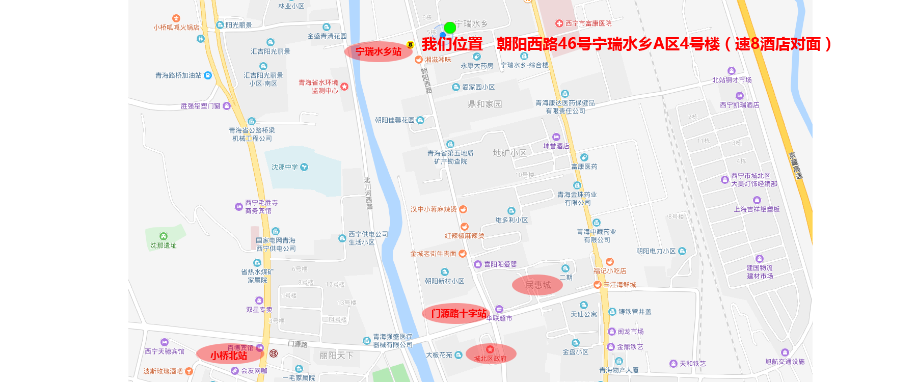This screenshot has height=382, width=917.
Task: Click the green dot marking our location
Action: click(x=450, y=28)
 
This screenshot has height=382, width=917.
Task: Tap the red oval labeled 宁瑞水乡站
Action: click(x=378, y=51)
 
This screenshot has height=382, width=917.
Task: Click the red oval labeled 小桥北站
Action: click(x=228, y=356)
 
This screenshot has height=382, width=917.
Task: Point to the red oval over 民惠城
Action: click(x=537, y=285)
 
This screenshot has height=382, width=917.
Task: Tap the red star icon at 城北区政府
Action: click(x=490, y=349)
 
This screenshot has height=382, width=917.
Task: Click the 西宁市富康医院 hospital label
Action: click(x=588, y=23)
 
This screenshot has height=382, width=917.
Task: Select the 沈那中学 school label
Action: click(x=285, y=167)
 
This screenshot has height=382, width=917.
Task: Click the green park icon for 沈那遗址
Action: click(x=164, y=236)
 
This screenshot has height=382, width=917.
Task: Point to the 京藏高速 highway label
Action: click(x=795, y=166)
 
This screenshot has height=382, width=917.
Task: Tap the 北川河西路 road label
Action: click(x=368, y=194)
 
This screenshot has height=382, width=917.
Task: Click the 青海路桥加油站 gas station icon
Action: click(x=208, y=75)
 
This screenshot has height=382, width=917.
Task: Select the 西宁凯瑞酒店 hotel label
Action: click(x=739, y=105)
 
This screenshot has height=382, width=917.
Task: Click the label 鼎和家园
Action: click(x=485, y=104)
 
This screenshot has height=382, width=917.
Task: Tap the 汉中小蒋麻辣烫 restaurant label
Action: click(x=434, y=209)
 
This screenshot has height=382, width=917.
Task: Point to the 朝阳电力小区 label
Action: click(x=656, y=251)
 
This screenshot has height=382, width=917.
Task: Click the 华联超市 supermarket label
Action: click(x=499, y=318)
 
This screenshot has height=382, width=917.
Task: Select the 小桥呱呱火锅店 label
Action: click(x=176, y=28)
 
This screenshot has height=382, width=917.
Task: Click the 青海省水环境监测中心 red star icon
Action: click(x=344, y=87)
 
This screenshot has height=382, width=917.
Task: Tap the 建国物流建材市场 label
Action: click(x=760, y=272)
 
